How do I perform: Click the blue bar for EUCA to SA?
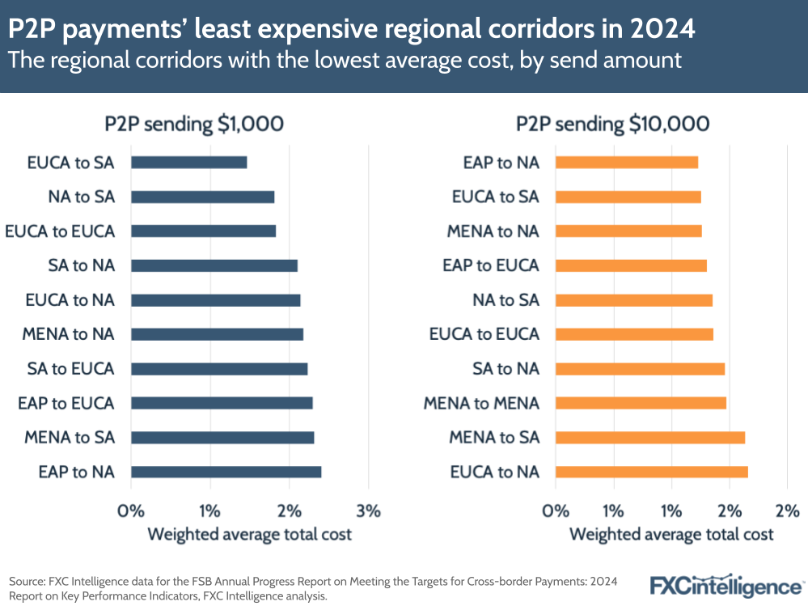click(188, 163)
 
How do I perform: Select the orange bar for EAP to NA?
click(626, 163)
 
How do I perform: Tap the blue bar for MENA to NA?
click(217, 334)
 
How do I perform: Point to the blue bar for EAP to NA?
click(226, 472)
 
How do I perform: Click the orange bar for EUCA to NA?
click(651, 472)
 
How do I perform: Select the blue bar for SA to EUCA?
click(219, 369)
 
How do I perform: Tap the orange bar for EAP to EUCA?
click(631, 265)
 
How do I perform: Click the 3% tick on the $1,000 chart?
click(368, 511)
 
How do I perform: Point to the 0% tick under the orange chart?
click(556, 511)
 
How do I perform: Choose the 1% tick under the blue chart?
click(209, 511)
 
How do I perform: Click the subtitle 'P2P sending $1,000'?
click(194, 124)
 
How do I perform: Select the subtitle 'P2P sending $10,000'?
click(613, 124)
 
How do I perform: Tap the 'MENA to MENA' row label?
click(480, 403)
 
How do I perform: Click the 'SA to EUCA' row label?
click(71, 369)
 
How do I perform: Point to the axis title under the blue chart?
click(249, 535)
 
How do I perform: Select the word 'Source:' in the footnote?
click(26, 582)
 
